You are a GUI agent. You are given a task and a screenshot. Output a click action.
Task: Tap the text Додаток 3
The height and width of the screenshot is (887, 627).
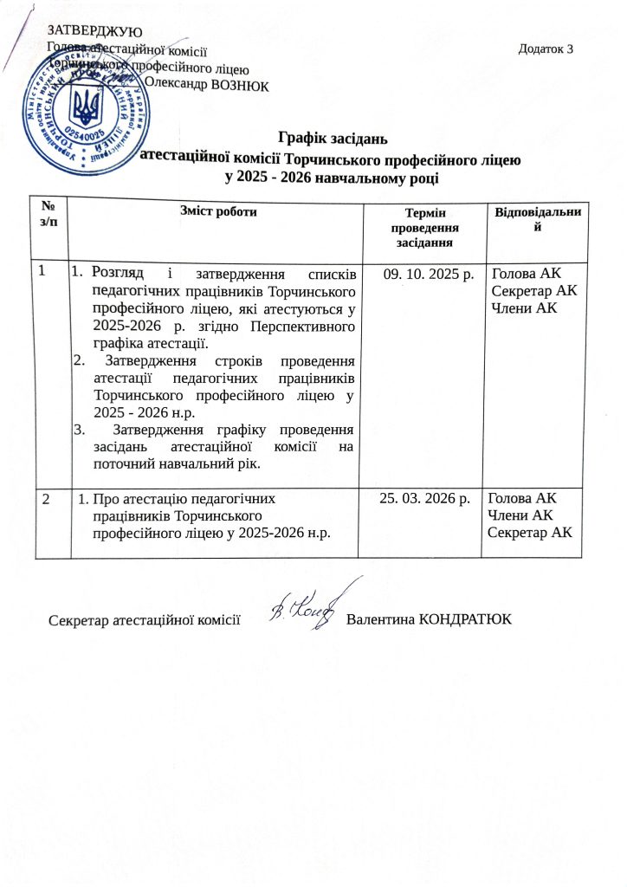[546, 49]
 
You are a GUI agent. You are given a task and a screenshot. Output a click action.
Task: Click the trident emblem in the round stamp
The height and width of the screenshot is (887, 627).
[86, 108]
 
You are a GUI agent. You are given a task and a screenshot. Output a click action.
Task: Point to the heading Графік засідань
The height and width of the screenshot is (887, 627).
[338, 139]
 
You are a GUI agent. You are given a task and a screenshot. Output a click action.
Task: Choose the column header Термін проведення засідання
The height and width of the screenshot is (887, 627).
[419, 228]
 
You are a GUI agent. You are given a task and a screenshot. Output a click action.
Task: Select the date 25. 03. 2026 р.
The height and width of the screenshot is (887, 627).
[422, 499]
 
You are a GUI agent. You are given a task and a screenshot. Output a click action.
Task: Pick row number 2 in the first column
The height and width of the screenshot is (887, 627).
[43, 499]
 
